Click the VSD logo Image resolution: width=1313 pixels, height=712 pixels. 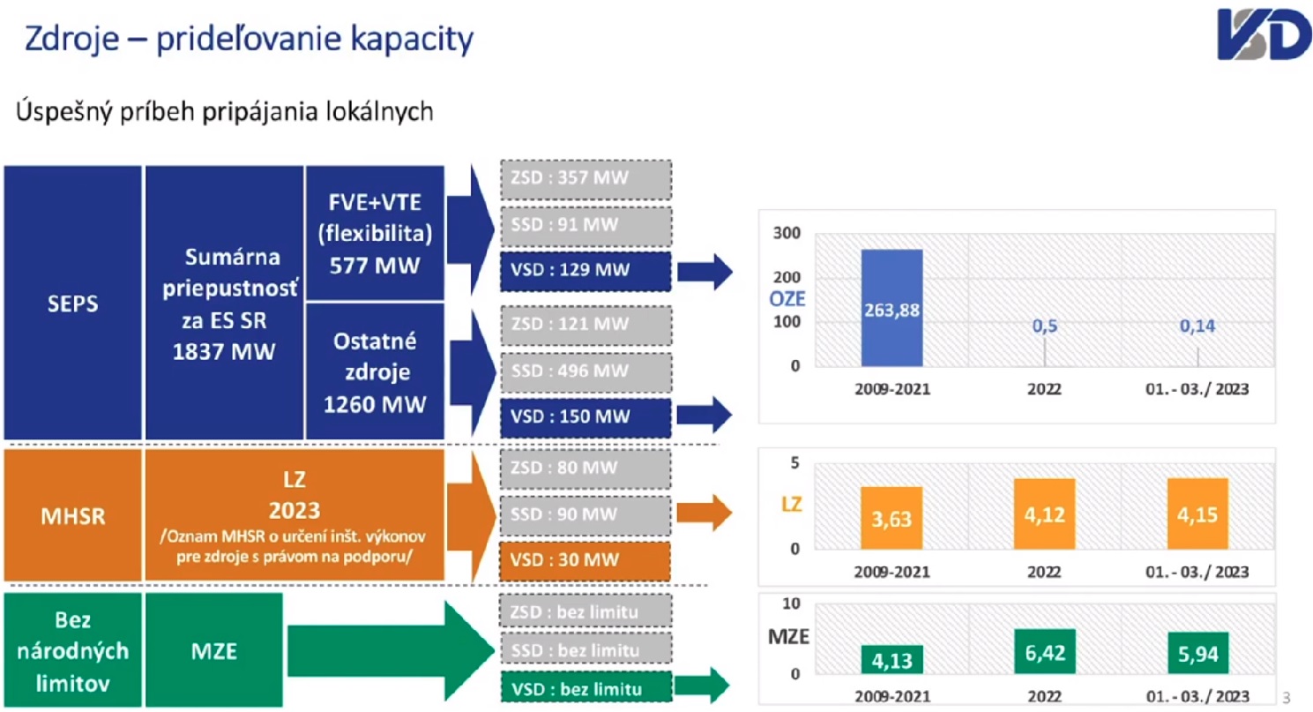(x=1264, y=34)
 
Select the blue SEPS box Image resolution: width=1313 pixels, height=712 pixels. (x=72, y=303)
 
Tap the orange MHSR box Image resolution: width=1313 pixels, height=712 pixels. (x=72, y=515)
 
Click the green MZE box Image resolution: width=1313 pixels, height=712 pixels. (x=214, y=650)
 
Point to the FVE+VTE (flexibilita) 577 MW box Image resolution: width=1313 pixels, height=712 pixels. (x=375, y=234)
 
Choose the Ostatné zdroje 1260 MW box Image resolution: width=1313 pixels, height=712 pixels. (x=375, y=371)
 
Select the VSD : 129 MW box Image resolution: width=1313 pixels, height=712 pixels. (x=586, y=271)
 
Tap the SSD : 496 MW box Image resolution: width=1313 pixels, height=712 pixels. (x=586, y=371)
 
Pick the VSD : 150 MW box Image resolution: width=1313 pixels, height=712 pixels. (x=586, y=417)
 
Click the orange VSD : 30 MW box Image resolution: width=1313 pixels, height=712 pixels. (x=586, y=560)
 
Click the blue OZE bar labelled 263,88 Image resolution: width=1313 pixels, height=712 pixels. (x=891, y=308)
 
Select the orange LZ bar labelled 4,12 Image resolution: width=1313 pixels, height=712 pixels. (x=1045, y=513)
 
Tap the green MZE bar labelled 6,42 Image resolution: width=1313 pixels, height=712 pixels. (x=1045, y=652)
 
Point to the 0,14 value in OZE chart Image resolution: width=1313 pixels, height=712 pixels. (x=1197, y=326)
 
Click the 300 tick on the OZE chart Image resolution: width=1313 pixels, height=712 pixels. (x=787, y=233)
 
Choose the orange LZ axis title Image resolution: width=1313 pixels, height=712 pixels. (x=791, y=505)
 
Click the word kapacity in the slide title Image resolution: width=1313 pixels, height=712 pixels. (x=412, y=40)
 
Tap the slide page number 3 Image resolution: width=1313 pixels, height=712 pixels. (x=1286, y=697)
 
